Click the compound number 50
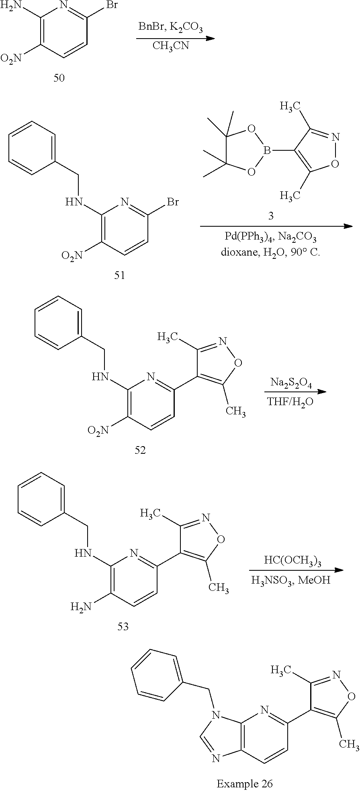click(x=59, y=78)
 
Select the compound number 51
click(x=119, y=275)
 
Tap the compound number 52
click(x=140, y=450)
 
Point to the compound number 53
click(x=123, y=626)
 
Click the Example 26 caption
click(x=244, y=783)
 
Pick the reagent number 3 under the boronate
click(x=271, y=216)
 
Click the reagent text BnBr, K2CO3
click(x=171, y=27)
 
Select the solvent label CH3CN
click(x=170, y=45)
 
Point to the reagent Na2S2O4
click(x=291, y=382)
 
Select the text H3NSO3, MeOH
click(x=290, y=580)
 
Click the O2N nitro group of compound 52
click(x=98, y=431)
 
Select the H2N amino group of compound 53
click(x=81, y=606)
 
